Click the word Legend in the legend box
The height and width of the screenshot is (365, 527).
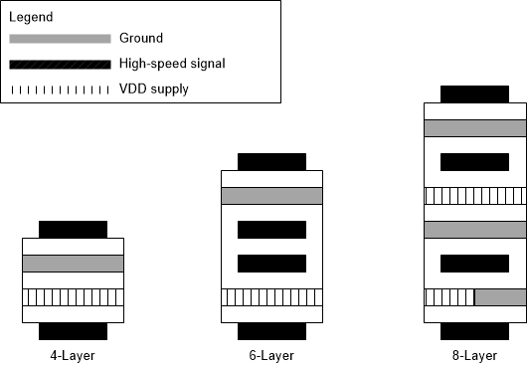pos(31,17)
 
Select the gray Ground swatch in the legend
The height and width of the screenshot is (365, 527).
pos(60,39)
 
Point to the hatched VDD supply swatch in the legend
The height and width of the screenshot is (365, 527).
pos(60,90)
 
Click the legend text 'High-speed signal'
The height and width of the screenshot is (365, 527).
pos(171,64)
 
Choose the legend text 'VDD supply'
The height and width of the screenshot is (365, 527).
pos(153,90)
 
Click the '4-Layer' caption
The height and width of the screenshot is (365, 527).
pos(73,354)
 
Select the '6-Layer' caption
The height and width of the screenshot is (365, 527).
pos(271,354)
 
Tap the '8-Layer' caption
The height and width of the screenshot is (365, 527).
pos(474,354)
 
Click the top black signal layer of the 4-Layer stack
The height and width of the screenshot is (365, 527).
pos(73,229)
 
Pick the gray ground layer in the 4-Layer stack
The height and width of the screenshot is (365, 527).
pos(73,264)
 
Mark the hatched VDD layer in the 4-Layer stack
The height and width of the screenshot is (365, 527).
pos(73,297)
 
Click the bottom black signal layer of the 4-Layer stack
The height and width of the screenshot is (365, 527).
pos(73,331)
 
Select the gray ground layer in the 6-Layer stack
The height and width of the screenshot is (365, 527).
pos(271,196)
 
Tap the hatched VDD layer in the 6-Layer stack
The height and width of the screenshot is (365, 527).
pos(271,297)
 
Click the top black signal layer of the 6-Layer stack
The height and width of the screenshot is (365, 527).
pos(271,161)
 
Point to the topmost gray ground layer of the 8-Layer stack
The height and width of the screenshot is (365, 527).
pos(474,128)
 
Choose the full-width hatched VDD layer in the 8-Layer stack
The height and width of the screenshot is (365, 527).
pos(474,196)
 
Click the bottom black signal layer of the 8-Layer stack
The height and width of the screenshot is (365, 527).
pos(474,331)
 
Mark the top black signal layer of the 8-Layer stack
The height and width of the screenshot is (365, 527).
pos(474,93)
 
